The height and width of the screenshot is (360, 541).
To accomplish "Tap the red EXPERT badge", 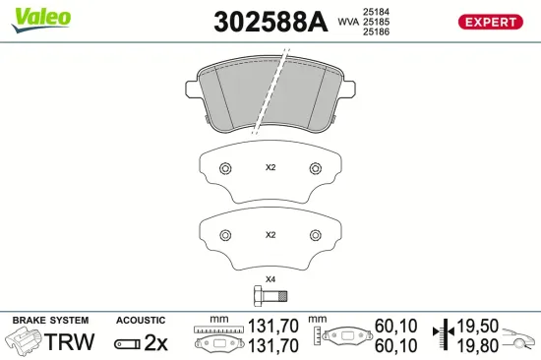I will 489,22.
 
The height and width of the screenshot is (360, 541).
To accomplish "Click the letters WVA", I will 348,21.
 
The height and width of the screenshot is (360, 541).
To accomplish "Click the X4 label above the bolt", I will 270,280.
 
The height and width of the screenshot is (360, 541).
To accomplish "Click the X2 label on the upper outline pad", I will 270,167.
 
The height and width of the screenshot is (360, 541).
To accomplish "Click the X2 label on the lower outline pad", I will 270,235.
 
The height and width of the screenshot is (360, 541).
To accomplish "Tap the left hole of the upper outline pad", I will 225,167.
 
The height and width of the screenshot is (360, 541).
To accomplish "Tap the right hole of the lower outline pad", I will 316,234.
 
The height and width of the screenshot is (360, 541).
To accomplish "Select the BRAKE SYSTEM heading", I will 49,320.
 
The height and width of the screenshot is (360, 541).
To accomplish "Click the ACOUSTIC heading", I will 141,320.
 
